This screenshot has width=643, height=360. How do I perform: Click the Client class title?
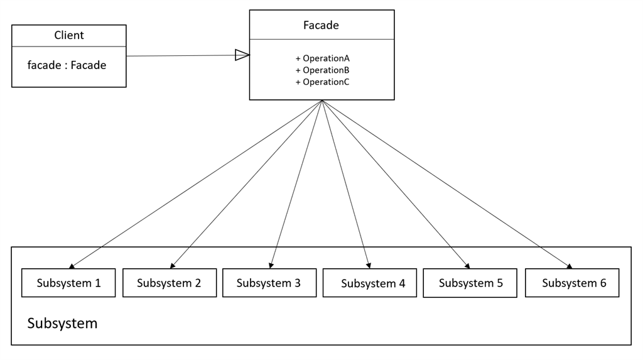point(69,35)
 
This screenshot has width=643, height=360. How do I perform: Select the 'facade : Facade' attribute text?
point(67,65)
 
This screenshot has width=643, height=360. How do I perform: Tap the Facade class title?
point(321,25)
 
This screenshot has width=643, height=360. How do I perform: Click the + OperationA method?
point(322,58)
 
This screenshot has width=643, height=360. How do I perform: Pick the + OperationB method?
point(322,70)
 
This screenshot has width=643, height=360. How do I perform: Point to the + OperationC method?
point(322,82)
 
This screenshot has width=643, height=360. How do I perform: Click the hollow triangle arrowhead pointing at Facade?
point(242,55)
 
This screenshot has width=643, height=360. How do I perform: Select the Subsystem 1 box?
point(68,283)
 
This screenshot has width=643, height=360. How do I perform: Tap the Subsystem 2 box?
point(170,283)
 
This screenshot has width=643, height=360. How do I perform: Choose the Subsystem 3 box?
point(269,283)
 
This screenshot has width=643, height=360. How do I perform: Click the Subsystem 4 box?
point(370,283)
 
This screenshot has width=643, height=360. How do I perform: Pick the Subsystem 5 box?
point(470,283)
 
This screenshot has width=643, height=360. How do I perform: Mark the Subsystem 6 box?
point(572,283)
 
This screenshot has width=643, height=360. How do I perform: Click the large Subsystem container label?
point(62,324)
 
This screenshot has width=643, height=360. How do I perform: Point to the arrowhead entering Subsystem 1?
point(72,266)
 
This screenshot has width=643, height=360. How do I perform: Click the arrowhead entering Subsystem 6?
point(569,266)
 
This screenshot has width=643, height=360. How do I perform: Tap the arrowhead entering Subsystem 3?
point(271,266)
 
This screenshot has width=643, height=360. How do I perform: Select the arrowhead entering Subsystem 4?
point(369,266)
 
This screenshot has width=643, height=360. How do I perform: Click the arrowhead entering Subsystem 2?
point(173,266)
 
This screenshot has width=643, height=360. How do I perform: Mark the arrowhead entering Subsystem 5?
point(467,266)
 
